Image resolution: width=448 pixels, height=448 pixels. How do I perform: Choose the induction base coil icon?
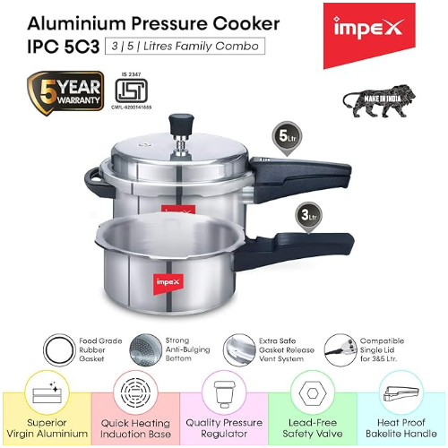click(x=134, y=397)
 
